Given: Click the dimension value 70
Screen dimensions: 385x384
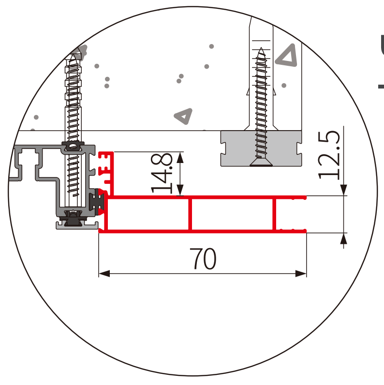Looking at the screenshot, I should tap(203, 259).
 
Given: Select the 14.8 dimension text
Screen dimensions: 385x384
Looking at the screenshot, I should tap(162, 173).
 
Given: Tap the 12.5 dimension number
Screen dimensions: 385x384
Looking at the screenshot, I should tap(329, 153).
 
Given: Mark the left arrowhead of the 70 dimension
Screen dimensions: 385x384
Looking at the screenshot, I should tap(102, 274).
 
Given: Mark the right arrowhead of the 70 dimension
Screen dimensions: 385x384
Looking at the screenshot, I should tap(303, 274).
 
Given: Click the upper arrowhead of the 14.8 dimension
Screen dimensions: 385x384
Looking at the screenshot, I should tap(181, 156).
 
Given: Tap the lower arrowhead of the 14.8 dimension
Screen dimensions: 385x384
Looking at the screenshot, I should tap(181, 193).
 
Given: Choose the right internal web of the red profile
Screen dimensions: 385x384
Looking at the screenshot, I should tap(274, 214).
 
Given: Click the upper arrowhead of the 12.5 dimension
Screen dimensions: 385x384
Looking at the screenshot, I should tap(343, 192).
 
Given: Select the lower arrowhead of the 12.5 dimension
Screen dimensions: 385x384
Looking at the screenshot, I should tap(343, 237).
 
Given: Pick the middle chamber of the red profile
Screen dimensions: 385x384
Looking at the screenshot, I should tap(232, 214).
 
